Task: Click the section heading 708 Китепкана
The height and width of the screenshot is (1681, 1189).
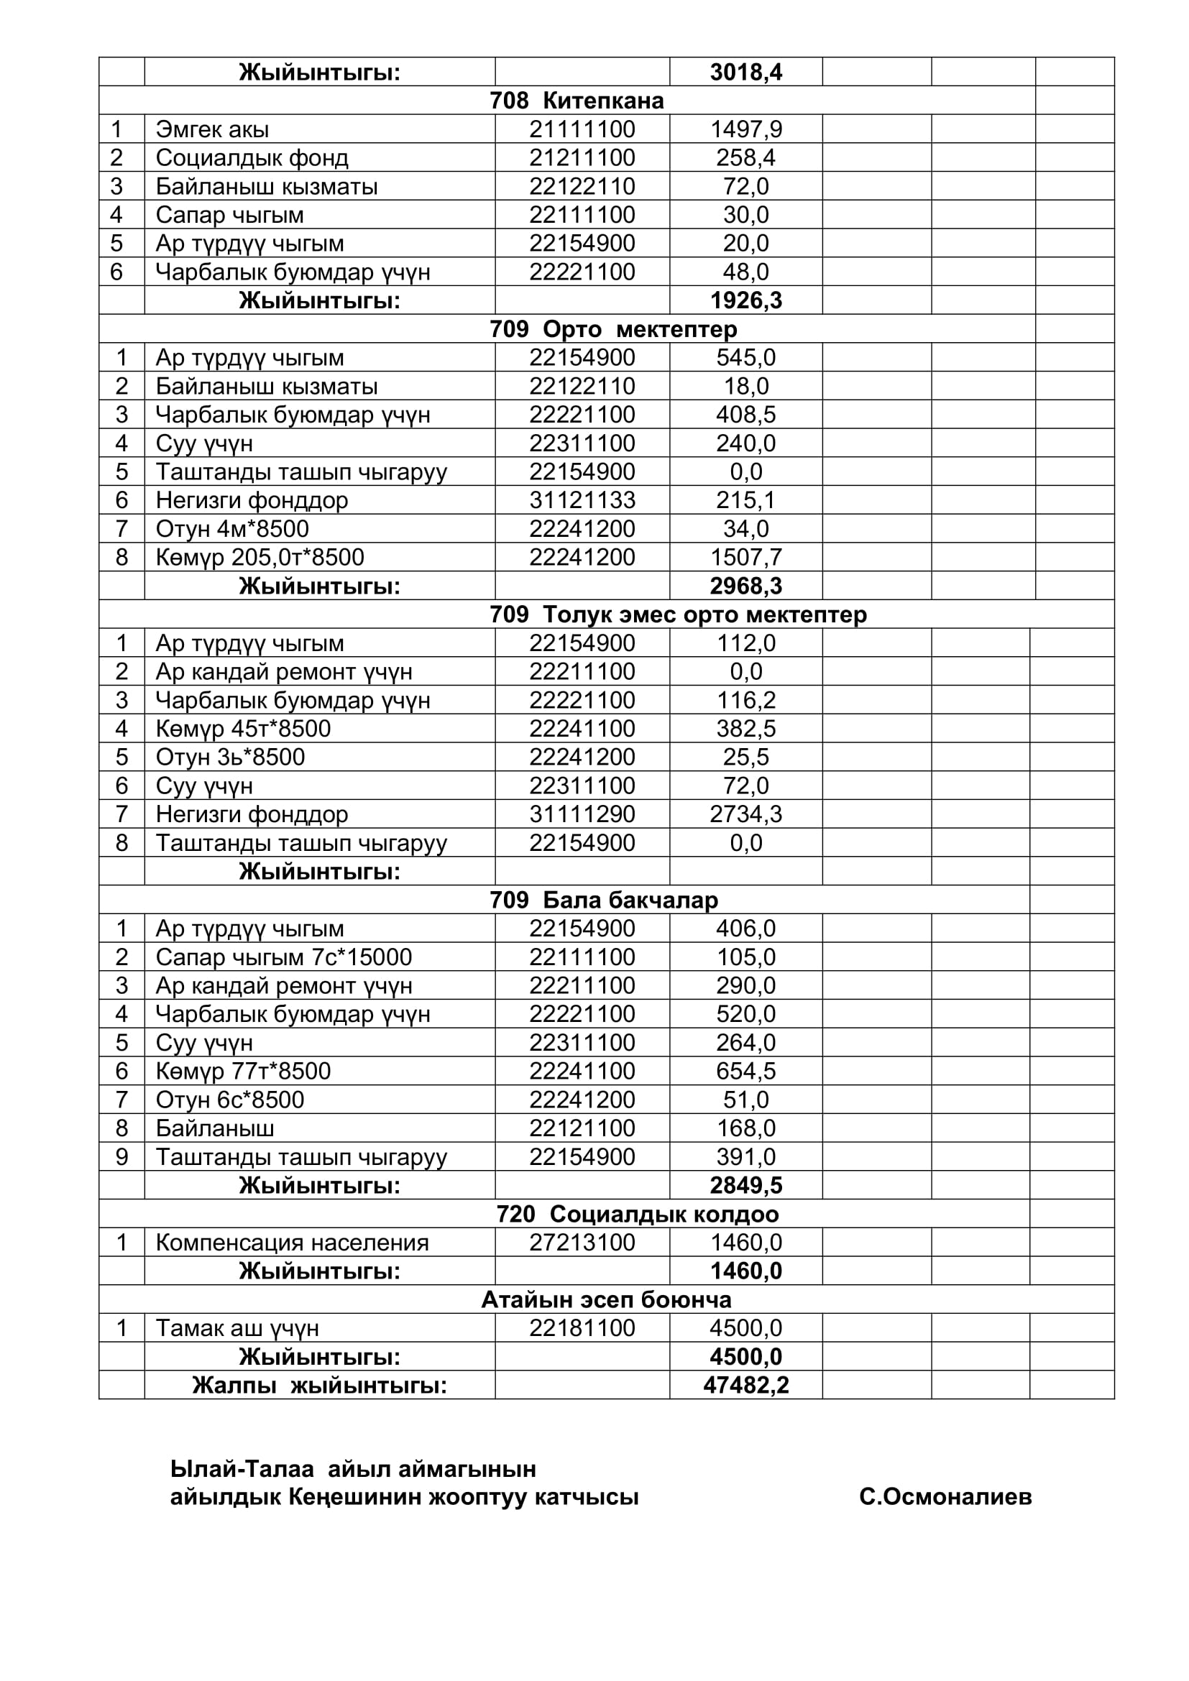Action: pyautogui.click(x=577, y=101)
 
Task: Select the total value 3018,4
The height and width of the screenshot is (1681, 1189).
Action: pyautogui.click(x=745, y=72)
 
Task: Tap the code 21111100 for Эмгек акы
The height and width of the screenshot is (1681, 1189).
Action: pyautogui.click(x=582, y=129)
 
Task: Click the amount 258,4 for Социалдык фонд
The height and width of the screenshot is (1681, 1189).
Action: pyautogui.click(x=745, y=157)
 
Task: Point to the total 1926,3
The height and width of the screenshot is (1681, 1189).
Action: pyautogui.click(x=745, y=300)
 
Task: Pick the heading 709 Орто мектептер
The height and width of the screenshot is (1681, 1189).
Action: pyautogui.click(x=612, y=328)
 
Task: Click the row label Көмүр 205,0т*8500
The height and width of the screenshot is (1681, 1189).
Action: pyautogui.click(x=260, y=557)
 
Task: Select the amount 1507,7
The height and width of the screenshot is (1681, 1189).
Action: pyautogui.click(x=745, y=557)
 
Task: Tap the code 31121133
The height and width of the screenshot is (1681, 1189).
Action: pyautogui.click(x=582, y=500)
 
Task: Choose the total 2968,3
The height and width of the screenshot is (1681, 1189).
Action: pyautogui.click(x=745, y=586)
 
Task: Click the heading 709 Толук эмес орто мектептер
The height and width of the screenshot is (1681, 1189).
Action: pyautogui.click(x=677, y=614)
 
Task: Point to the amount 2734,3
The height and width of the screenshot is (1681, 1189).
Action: pyautogui.click(x=745, y=814)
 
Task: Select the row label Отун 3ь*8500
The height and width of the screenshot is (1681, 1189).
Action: pyautogui.click(x=230, y=757)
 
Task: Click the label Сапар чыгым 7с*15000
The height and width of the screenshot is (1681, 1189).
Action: pyautogui.click(x=283, y=957)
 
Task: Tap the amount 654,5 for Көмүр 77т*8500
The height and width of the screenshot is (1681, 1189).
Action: pyautogui.click(x=745, y=1071)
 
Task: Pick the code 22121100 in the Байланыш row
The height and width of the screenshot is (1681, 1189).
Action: pyautogui.click(x=582, y=1128)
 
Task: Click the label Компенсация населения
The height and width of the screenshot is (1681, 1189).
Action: pyautogui.click(x=291, y=1243)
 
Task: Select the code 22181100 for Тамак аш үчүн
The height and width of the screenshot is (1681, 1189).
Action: pyautogui.click(x=582, y=1328)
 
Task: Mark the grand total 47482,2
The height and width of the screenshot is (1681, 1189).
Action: pyautogui.click(x=745, y=1385)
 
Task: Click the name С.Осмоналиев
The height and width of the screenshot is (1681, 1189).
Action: pyautogui.click(x=945, y=1497)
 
